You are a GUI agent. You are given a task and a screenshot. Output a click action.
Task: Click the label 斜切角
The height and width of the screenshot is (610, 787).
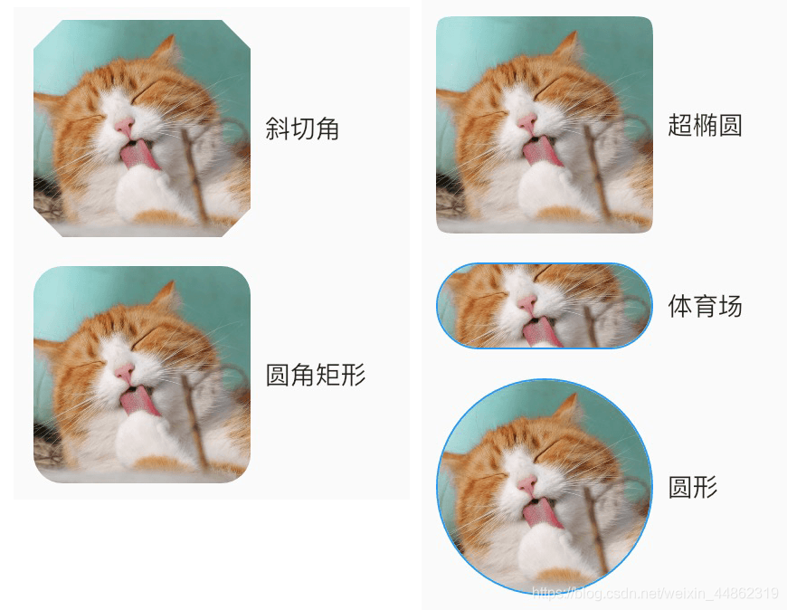302,129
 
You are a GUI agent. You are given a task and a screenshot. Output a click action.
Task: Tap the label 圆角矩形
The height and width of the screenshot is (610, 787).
316,375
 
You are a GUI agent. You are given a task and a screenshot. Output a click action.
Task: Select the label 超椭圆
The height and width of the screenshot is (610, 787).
706,125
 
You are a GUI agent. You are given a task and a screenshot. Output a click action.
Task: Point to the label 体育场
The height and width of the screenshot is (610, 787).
706,306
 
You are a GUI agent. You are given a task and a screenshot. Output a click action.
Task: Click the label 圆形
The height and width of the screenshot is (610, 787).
693,487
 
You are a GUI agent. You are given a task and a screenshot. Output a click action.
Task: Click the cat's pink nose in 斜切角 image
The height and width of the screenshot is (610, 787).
125,126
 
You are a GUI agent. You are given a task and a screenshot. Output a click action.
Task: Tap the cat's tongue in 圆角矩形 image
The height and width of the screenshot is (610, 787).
138,400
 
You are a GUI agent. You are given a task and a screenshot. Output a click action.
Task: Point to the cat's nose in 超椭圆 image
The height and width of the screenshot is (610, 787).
527,122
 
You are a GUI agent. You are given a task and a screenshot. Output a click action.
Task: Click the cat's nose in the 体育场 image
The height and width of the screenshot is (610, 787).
527,303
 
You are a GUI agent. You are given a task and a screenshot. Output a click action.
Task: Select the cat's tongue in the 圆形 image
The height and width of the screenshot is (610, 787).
541,512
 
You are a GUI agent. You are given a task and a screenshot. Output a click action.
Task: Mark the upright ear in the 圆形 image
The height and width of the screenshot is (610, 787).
569,410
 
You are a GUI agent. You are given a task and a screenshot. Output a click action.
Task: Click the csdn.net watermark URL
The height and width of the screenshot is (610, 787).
655,594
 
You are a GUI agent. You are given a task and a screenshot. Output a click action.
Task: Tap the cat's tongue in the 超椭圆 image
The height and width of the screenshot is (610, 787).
541,150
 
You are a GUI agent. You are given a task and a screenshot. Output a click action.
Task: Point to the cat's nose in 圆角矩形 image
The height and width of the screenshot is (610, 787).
125,372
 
